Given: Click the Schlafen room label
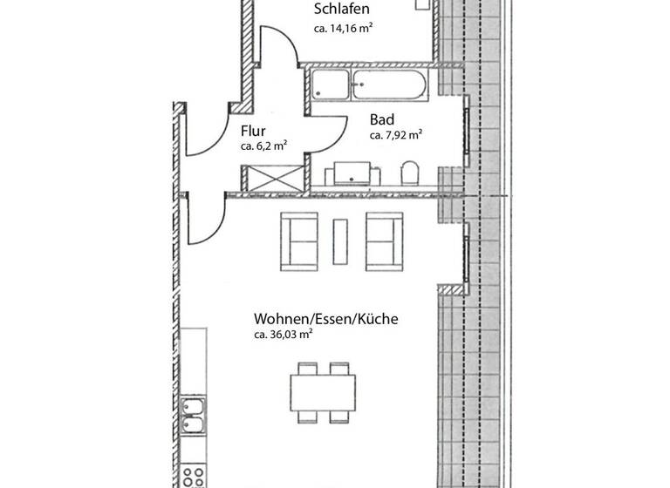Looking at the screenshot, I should [341, 10].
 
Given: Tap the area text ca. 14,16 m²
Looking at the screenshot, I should [343, 29].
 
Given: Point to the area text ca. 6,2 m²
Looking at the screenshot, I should [263, 147].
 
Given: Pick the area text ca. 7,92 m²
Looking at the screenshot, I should [396, 135].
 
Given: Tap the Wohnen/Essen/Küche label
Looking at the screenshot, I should [325, 320].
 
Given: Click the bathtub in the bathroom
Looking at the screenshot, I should [368, 86].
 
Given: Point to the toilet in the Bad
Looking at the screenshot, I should [411, 173].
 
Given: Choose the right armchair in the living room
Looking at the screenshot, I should [385, 242].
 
